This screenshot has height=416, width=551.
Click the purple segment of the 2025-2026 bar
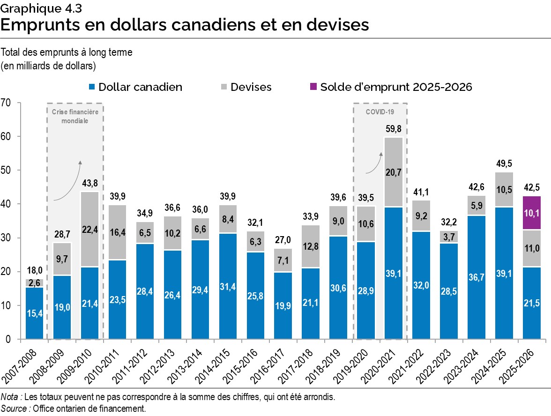pos(531,213)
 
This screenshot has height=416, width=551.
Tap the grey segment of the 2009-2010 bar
pos(90,229)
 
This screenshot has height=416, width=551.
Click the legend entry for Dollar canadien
pos(136,87)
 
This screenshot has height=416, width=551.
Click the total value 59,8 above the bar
pos(393,129)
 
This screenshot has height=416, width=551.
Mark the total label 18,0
pos(34,271)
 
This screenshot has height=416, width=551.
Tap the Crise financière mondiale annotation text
pos(75,116)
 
